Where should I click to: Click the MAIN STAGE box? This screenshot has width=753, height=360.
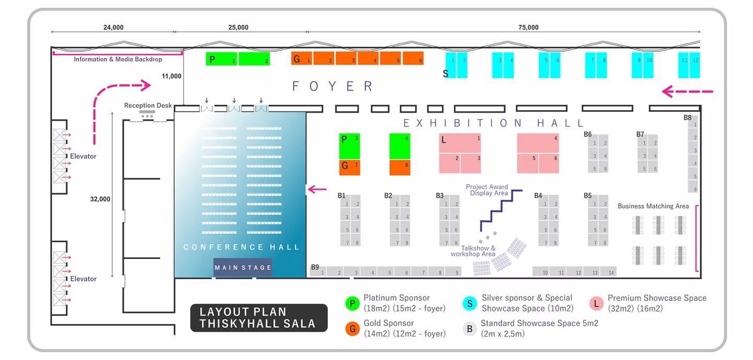pyautogui.click(x=243, y=267)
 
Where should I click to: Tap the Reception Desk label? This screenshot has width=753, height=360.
pyautogui.click(x=148, y=106)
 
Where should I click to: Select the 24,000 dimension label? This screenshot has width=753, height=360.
pyautogui.click(x=113, y=27)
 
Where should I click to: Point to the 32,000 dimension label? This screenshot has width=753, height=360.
pyautogui.click(x=100, y=199)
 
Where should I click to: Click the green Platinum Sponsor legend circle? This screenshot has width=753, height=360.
pyautogui.click(x=352, y=303)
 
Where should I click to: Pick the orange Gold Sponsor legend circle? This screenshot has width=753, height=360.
pyautogui.click(x=352, y=328)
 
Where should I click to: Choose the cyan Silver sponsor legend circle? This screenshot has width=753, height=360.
pyautogui.click(x=470, y=303)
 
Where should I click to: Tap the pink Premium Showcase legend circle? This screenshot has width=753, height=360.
pyautogui.click(x=596, y=303)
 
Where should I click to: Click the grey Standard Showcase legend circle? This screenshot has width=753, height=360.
pyautogui.click(x=470, y=328)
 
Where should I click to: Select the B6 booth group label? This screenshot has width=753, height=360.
pyautogui.click(x=588, y=134)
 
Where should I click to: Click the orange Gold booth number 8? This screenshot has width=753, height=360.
pyautogui.click(x=400, y=167)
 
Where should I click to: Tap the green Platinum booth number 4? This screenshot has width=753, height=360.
pyautogui.click(x=400, y=146)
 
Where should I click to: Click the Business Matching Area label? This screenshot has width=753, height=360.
pyautogui.click(x=653, y=206)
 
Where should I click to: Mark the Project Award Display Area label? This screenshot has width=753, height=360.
pyautogui.click(x=487, y=190)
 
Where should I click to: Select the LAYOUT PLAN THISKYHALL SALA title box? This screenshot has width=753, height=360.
pyautogui.click(x=259, y=318)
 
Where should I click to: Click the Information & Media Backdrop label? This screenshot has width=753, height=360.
pyautogui.click(x=118, y=60)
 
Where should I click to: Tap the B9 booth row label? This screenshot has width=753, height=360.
pyautogui.click(x=315, y=267)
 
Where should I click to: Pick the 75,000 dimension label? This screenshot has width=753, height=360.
pyautogui.click(x=528, y=27)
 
